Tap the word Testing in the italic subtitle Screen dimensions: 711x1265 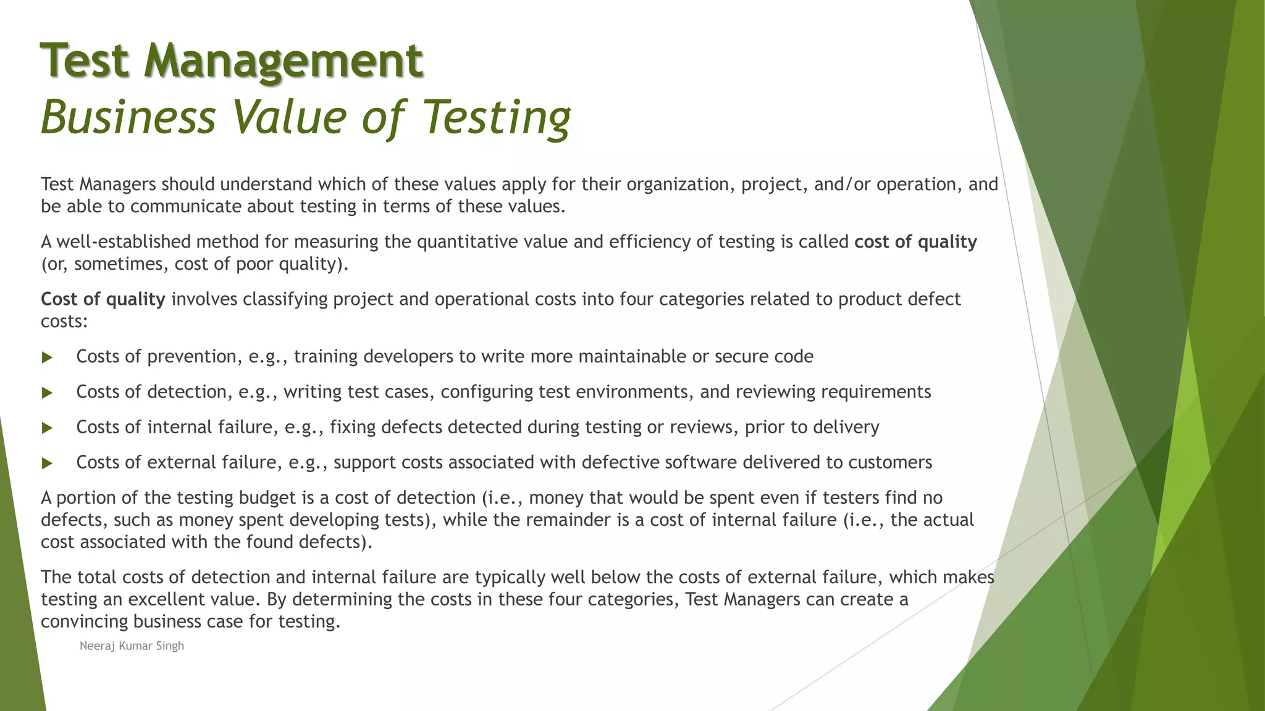tap(497, 117)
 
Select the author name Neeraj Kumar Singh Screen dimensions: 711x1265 tap(132, 646)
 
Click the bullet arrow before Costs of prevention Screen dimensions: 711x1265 tap(47, 357)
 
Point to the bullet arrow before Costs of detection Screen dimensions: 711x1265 tap(47, 393)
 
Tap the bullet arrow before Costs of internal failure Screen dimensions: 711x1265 tap(47, 428)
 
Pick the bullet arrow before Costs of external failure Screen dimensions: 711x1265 tap(47, 463)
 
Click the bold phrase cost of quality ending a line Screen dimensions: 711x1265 tap(915, 242)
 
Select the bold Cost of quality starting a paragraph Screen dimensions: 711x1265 tap(103, 299)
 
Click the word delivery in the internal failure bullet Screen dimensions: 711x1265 tap(846, 427)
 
